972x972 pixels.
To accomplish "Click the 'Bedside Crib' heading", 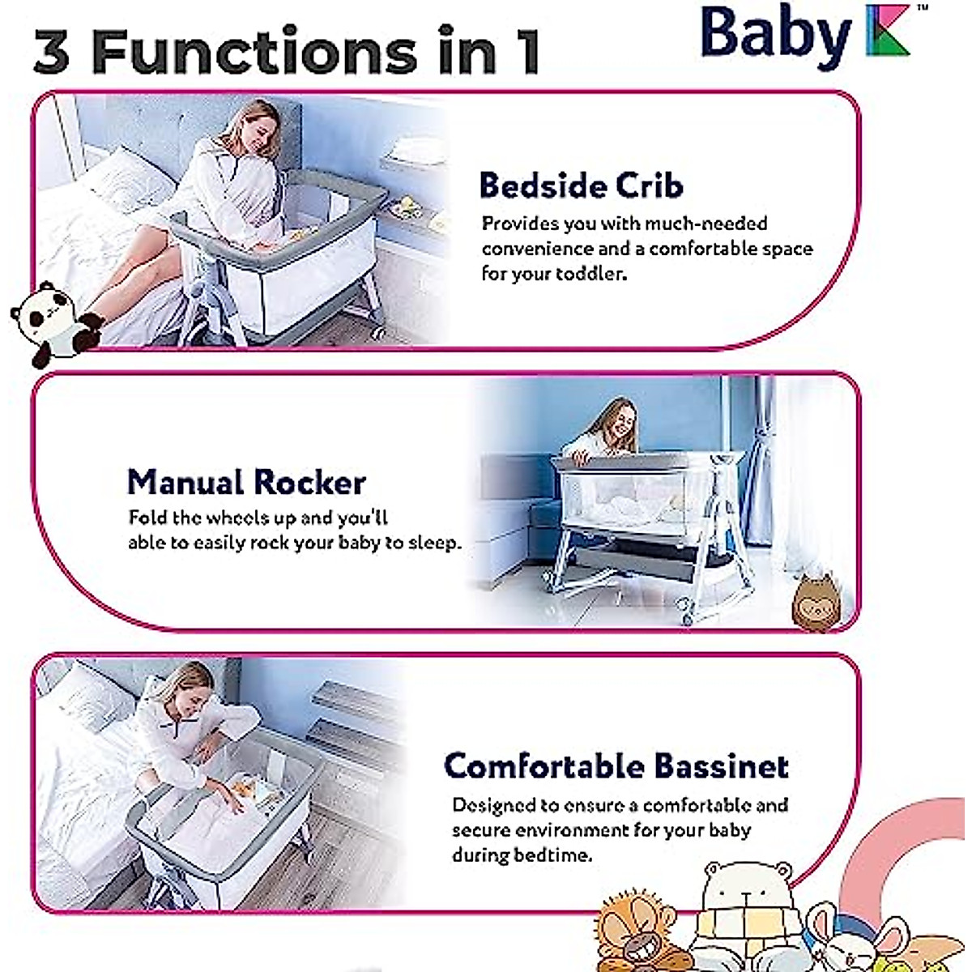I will [x=581, y=185].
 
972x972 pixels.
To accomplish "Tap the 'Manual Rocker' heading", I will [x=246, y=482].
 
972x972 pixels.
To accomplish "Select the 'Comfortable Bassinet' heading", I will [x=616, y=766].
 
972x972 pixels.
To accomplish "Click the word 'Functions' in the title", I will [x=254, y=52].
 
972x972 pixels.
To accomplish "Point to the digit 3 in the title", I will [x=51, y=52].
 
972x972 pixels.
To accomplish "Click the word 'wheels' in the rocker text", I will [x=239, y=518].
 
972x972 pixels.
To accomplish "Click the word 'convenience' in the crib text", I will [x=536, y=249].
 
